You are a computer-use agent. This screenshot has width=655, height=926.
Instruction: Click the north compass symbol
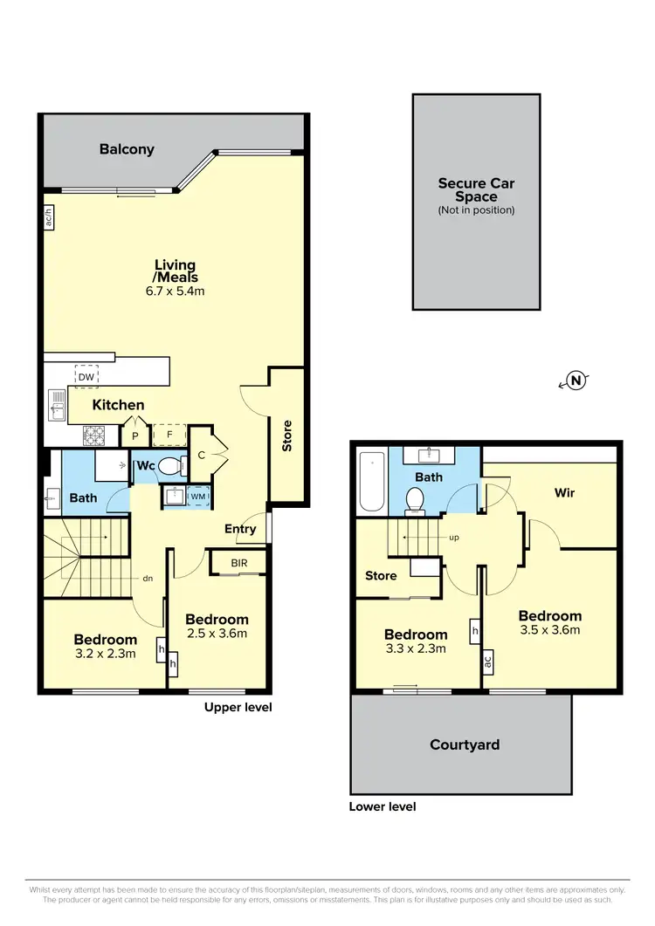tap(576, 380)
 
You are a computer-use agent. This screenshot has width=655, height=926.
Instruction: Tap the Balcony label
tap(127, 149)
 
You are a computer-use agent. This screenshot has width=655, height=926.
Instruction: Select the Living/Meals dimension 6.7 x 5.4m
tap(175, 292)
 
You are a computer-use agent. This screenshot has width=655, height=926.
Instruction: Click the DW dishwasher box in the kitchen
tap(86, 376)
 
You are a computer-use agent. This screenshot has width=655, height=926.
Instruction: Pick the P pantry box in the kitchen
tap(136, 435)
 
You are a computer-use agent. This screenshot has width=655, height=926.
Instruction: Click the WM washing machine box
tap(197, 497)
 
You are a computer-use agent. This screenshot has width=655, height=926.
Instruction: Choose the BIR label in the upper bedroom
tap(239, 564)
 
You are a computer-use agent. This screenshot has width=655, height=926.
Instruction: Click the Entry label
tap(240, 529)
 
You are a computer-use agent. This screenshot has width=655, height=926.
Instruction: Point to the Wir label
tap(565, 492)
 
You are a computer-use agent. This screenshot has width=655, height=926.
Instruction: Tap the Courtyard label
tap(465, 744)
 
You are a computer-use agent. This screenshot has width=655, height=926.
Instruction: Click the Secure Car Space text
tap(476, 189)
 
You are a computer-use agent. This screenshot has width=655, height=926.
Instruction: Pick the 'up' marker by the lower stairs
tap(453, 538)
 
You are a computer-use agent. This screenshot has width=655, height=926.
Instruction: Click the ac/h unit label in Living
tap(49, 216)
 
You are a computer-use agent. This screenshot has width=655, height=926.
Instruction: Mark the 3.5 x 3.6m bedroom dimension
tap(548, 629)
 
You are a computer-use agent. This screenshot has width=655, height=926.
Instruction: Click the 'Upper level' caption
tap(238, 707)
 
